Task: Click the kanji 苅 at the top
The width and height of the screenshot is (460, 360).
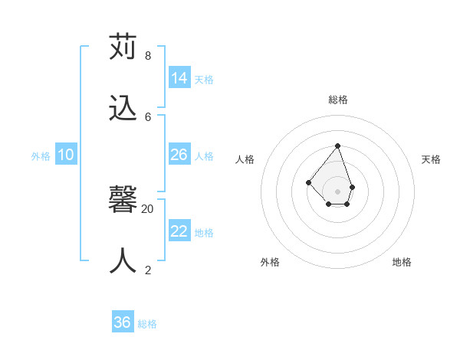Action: click(x=123, y=47)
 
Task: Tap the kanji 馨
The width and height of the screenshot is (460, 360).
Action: click(x=123, y=201)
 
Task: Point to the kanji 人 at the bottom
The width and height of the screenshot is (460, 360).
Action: click(x=123, y=261)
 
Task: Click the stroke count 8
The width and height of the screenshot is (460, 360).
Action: click(x=147, y=56)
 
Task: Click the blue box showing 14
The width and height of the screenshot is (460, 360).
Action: click(x=179, y=78)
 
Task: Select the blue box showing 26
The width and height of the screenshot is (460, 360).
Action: click(x=179, y=155)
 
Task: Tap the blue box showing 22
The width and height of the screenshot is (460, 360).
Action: click(x=179, y=231)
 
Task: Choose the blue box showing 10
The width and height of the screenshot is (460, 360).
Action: click(x=66, y=155)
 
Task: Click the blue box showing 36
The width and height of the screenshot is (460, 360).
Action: click(x=123, y=322)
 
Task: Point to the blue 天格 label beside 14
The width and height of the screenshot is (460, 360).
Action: click(x=204, y=80)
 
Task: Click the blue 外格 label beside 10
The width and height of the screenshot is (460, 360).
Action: click(x=41, y=156)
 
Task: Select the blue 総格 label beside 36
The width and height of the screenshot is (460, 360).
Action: click(x=147, y=324)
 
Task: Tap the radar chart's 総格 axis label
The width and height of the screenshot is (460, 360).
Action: click(x=338, y=100)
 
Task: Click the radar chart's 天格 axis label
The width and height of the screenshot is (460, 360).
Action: click(x=431, y=159)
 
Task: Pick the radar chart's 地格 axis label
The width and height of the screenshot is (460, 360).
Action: click(x=402, y=262)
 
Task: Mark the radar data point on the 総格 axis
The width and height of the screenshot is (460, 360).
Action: click(x=338, y=146)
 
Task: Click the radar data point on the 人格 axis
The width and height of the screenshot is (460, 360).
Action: click(x=308, y=182)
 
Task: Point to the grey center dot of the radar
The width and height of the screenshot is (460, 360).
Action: click(x=338, y=191)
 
